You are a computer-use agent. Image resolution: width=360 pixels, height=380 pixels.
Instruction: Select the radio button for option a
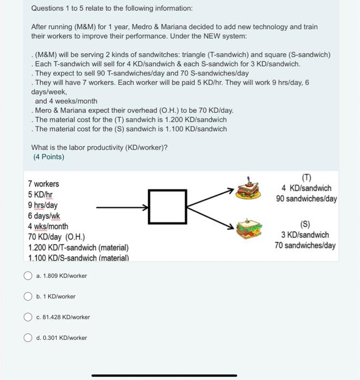coord(28,276)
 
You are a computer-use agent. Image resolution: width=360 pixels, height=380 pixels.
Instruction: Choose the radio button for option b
coord(28,296)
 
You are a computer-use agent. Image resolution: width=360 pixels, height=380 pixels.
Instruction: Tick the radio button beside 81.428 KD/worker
coord(28,317)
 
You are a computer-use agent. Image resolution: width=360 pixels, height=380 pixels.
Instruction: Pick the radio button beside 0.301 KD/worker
coord(28,338)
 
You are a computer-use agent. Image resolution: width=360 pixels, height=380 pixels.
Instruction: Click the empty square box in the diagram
coord(165,207)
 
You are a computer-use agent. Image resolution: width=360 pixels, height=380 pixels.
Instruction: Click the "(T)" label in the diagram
coord(306,177)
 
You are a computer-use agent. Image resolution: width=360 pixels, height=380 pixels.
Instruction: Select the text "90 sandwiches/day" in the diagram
coord(306,199)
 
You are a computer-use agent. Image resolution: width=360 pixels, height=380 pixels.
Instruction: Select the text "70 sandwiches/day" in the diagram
coord(305,245)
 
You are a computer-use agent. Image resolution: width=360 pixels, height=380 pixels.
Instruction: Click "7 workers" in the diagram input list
coord(43,184)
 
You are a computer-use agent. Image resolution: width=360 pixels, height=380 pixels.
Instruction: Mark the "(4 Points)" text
coord(48,157)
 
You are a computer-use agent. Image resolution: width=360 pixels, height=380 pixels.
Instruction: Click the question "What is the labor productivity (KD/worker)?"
coord(99,147)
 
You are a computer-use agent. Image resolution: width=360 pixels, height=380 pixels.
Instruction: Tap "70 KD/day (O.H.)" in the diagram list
coord(56,237)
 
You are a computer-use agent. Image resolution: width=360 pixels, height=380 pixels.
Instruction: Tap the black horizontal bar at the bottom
coord(164,375)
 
